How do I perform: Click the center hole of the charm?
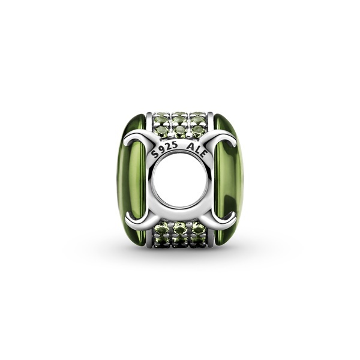pos(181,179)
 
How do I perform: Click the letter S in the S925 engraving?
pos(156,154)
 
